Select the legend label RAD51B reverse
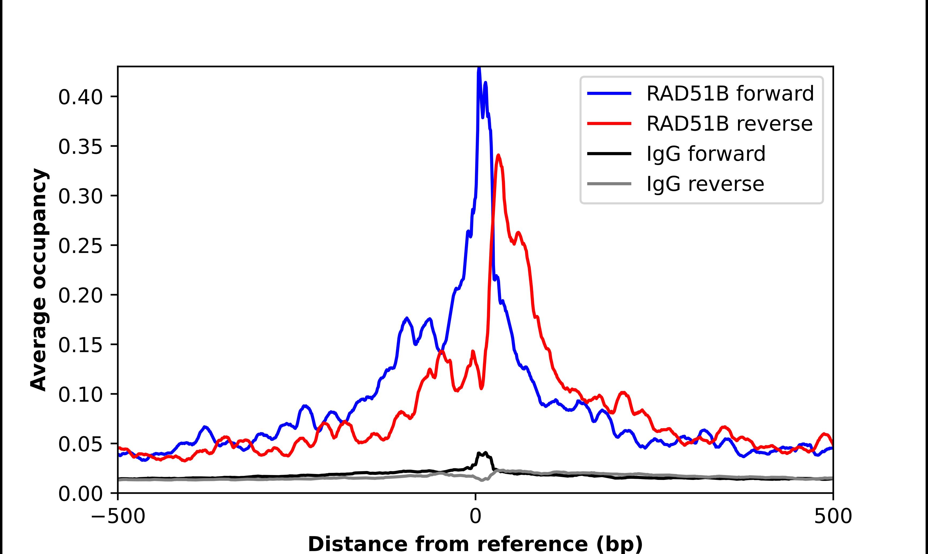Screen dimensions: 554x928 point(729,124)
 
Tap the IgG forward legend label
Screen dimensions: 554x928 point(706,154)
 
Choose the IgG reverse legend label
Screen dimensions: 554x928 point(705,184)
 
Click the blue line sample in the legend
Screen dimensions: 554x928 point(609,94)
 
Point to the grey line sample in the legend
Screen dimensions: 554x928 point(609,184)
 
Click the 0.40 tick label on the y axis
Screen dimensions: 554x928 point(80,97)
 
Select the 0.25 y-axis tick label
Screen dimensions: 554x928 point(80,246)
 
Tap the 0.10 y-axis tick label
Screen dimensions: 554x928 point(80,394)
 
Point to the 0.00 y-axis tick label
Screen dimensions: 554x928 point(80,494)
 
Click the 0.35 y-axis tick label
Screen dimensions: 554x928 point(80,147)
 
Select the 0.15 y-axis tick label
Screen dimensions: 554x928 point(80,345)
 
